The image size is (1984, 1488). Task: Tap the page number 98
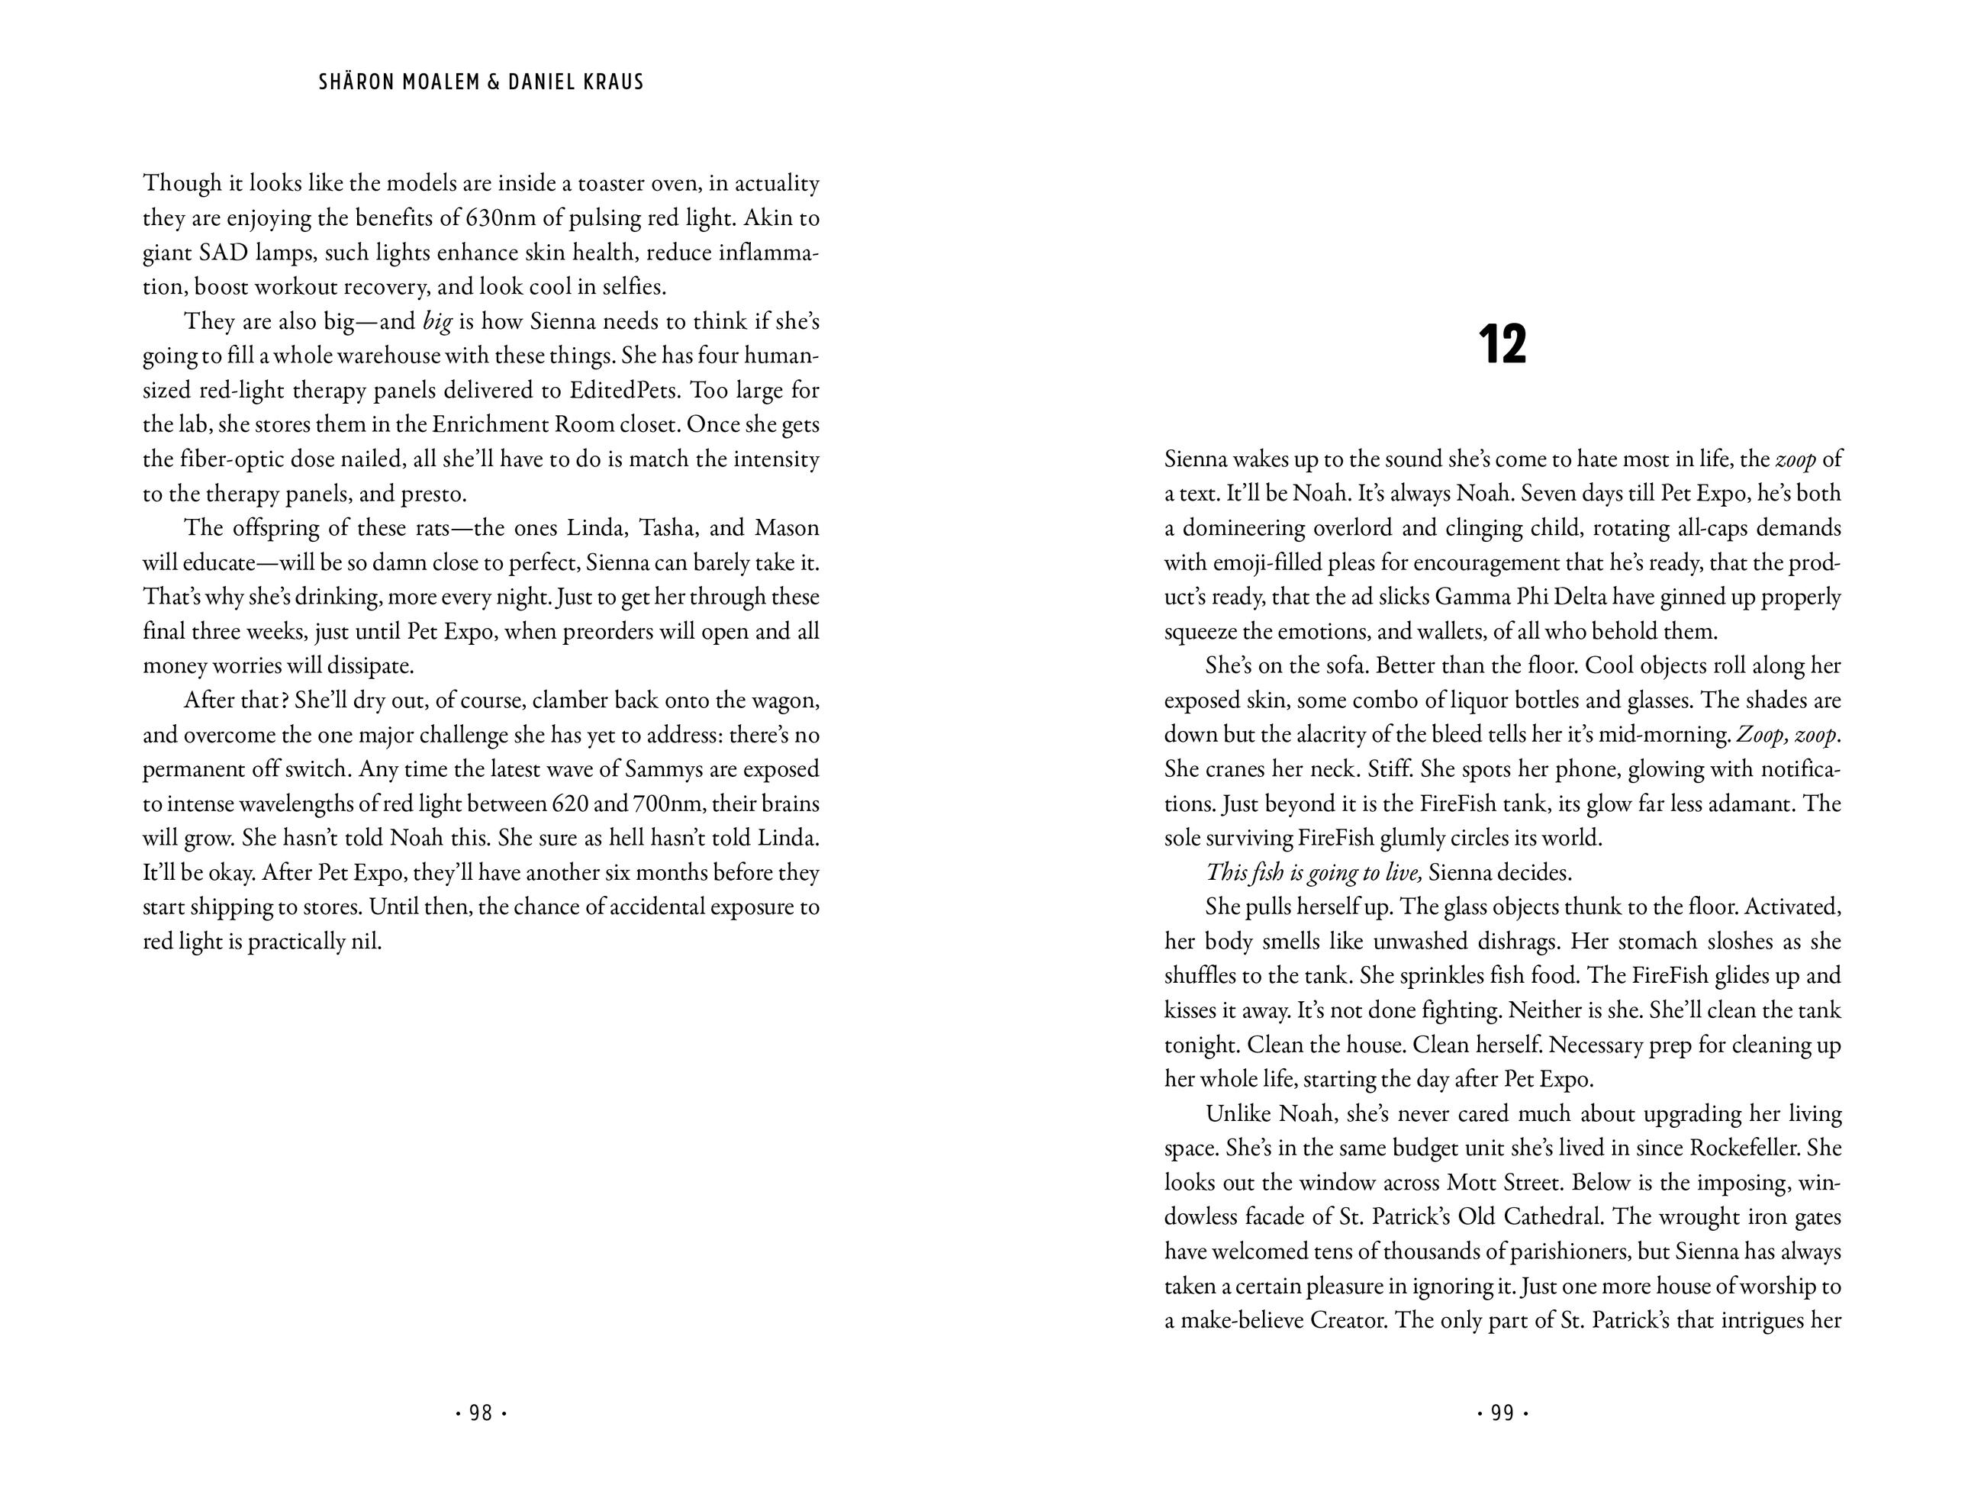coord(481,1413)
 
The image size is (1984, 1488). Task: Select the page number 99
coord(1502,1413)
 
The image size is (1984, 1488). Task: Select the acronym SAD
coord(224,253)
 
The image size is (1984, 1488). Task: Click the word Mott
coord(1477,1182)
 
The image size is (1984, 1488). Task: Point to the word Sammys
coord(672,769)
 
